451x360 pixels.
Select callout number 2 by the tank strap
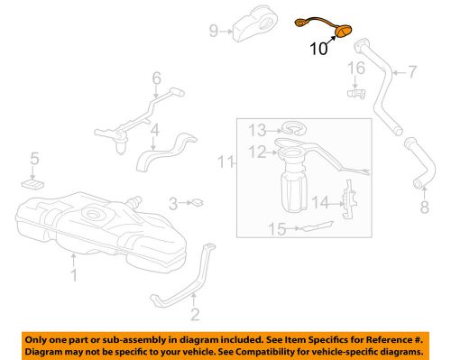[193, 314]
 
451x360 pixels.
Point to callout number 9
[214, 31]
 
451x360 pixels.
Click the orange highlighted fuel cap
[343, 34]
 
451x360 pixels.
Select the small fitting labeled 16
[354, 92]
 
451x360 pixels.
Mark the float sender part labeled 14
[349, 203]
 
